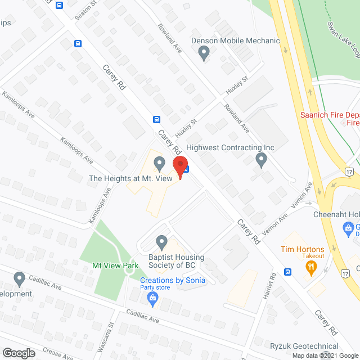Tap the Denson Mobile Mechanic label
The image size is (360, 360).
[x=235, y=40]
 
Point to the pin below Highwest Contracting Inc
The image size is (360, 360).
[x=261, y=160]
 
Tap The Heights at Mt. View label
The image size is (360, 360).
[x=129, y=178]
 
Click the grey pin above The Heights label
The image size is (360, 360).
[x=159, y=164]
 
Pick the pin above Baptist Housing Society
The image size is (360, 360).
[x=162, y=242]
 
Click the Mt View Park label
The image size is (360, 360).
[x=115, y=264]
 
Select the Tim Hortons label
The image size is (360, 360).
[x=303, y=249]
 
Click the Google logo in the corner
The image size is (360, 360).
[x=19, y=353]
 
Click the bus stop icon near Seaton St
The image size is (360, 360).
[x=78, y=43]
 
